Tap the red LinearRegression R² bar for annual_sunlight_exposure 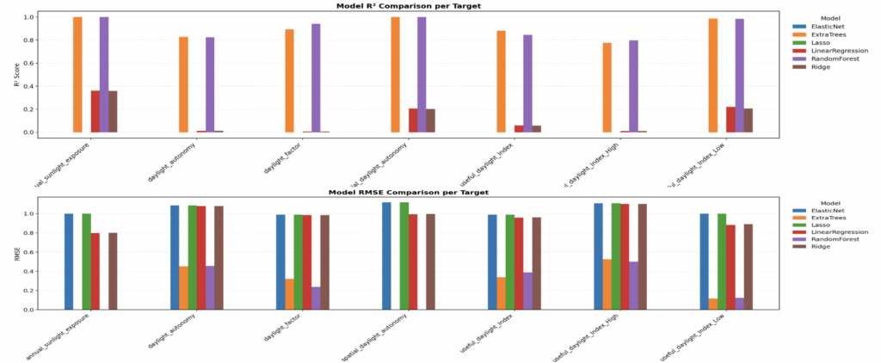pos(95,111)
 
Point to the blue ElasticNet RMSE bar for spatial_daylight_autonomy pos(386,255)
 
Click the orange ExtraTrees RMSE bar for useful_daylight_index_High pos(607,284)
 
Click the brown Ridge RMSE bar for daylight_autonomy pos(219,257)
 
